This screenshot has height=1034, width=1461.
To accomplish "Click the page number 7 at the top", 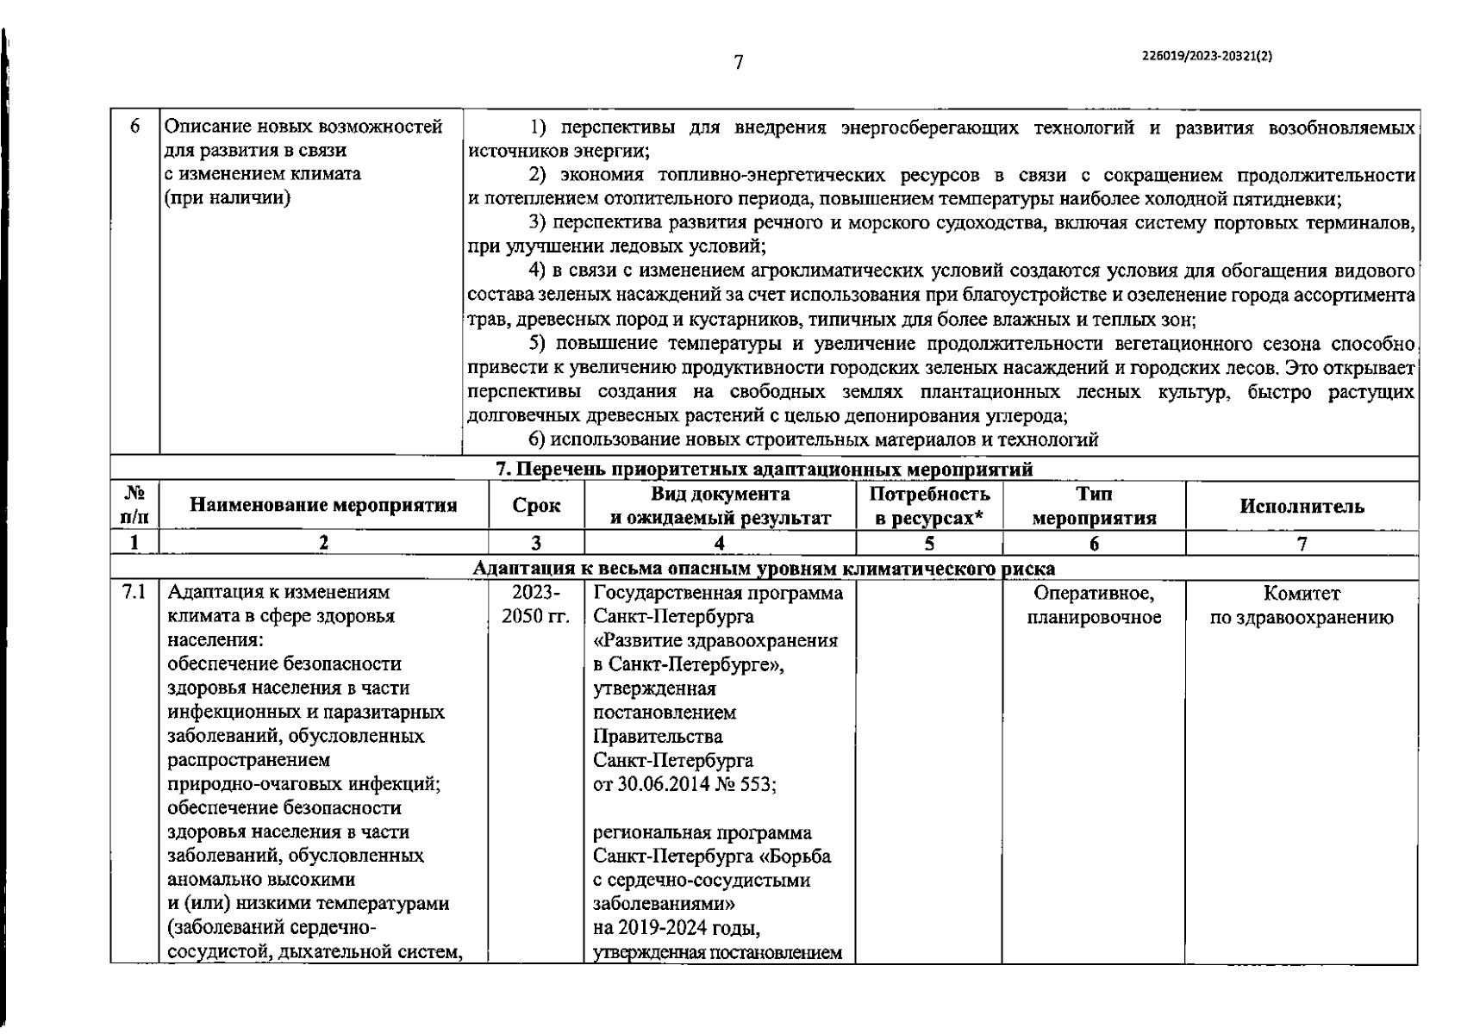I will coord(738,62).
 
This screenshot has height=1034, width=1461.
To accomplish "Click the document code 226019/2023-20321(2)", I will coord(1206,54).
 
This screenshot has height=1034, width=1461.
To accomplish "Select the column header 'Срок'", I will coord(536,506).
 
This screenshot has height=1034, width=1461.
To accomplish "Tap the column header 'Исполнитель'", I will coord(1302,506).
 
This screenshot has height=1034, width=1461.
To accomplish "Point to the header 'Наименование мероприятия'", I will coord(323,506).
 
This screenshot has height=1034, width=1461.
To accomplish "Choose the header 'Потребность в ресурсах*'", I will coord(929,506).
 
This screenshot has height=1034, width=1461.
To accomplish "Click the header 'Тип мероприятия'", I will coord(1094,506).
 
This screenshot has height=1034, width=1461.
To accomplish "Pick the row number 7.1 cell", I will coord(134,593).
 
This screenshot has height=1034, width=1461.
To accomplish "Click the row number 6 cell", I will coord(135,127).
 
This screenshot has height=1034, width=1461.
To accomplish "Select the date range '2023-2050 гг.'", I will coord(536,605).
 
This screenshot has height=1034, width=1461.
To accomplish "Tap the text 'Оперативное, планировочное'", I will coord(1094,605).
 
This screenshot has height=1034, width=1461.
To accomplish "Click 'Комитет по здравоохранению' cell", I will coord(1302,605).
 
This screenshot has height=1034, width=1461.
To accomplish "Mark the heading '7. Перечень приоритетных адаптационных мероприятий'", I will coord(764,470).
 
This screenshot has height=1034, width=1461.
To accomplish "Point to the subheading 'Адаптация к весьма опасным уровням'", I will coord(764,569).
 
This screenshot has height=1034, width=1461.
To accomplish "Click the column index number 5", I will coord(929,543).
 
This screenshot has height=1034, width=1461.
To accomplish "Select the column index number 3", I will coord(536,543).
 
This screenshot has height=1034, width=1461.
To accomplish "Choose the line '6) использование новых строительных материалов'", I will coord(814,440).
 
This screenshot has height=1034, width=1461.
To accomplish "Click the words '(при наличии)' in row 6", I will coord(228,197).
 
